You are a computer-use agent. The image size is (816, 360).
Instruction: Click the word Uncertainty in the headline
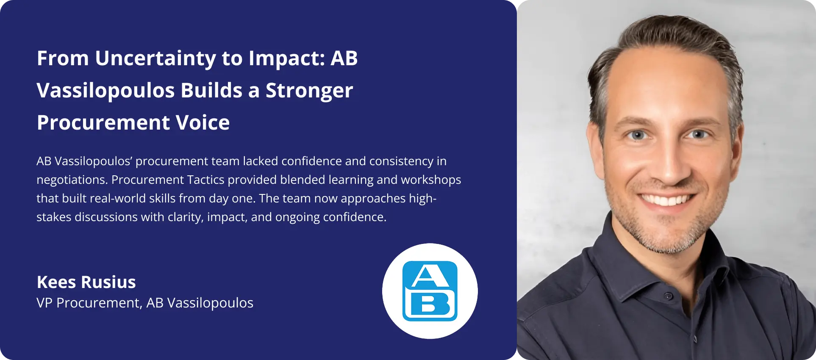click(x=155, y=58)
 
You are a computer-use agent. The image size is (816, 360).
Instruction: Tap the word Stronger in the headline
click(x=309, y=91)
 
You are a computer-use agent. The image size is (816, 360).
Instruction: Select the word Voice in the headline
click(x=203, y=122)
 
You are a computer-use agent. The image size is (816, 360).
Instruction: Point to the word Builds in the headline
click(x=211, y=90)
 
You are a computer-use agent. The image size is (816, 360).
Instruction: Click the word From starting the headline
click(x=63, y=58)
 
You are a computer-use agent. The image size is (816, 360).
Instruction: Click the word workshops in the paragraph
click(x=431, y=180)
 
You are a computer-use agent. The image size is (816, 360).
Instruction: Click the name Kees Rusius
click(x=86, y=282)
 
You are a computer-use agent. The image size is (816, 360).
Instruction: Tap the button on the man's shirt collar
click(x=669, y=296)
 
